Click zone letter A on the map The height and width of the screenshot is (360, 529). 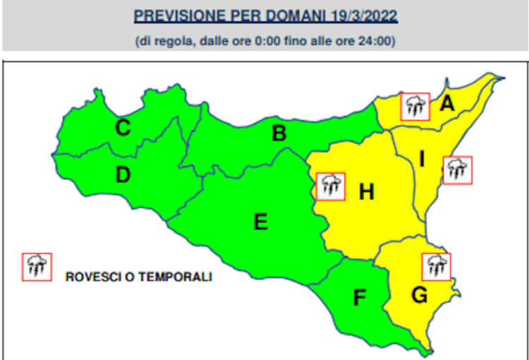pyautogui.click(x=446, y=104)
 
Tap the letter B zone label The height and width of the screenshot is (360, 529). pyautogui.click(x=279, y=133)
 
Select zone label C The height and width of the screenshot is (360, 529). pyautogui.click(x=123, y=128)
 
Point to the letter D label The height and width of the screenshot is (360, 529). pyautogui.click(x=123, y=174)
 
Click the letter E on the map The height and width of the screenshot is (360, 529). pyautogui.click(x=260, y=222)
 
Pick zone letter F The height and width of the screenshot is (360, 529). pyautogui.click(x=360, y=298)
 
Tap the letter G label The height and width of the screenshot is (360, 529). pyautogui.click(x=419, y=296)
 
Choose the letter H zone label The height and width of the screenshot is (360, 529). pyautogui.click(x=366, y=191)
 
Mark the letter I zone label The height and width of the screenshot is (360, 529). pyautogui.click(x=421, y=160)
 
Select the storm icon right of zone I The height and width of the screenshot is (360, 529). pyautogui.click(x=458, y=170)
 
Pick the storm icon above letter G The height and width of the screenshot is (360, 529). pyautogui.click(x=437, y=266)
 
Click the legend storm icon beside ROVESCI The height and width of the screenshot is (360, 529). pyautogui.click(x=37, y=267)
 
